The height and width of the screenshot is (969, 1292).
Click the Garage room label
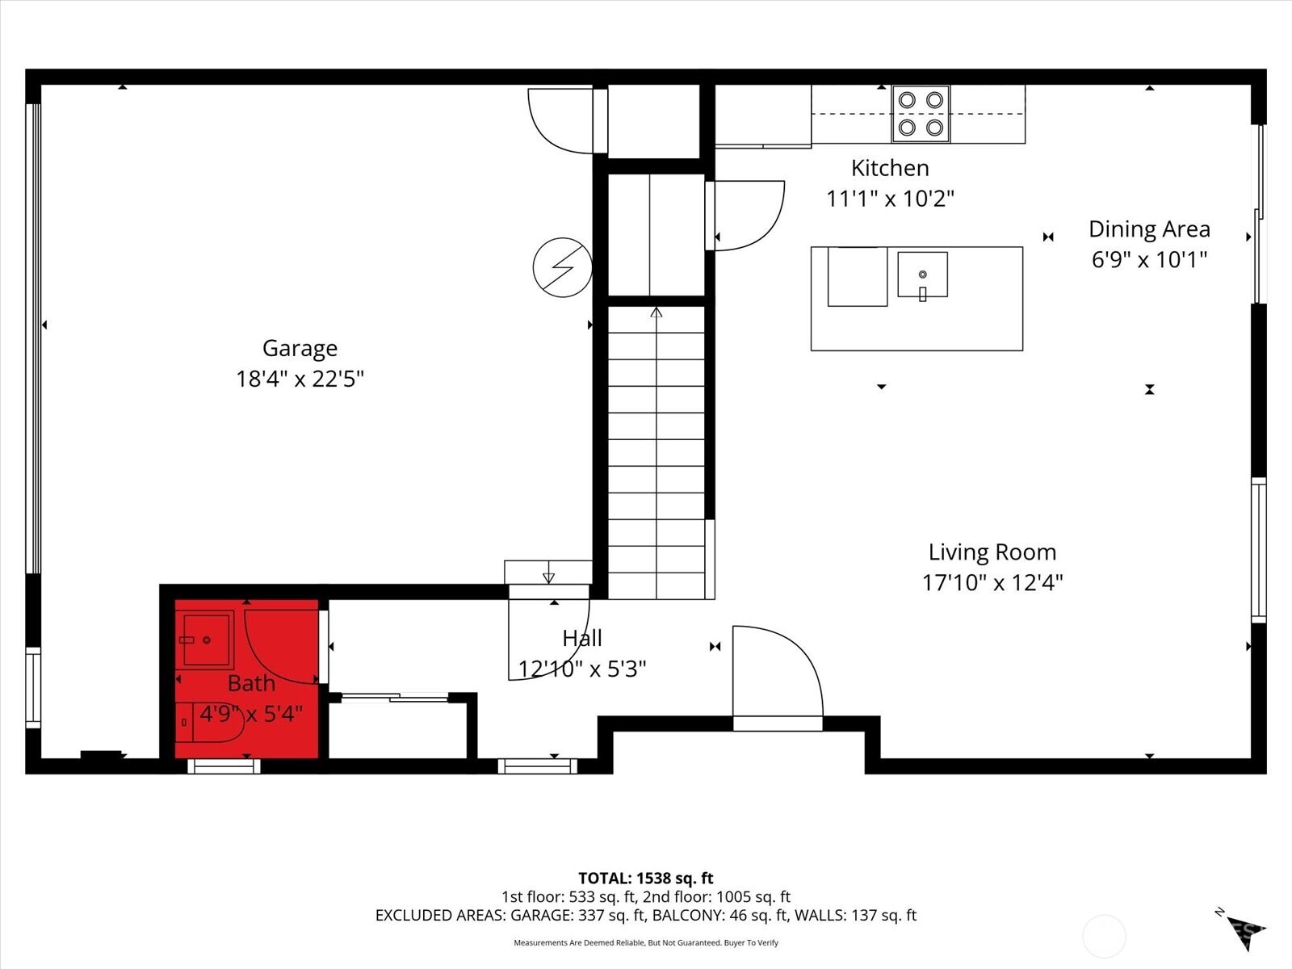(300, 348)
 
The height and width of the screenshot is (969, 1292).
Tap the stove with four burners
(921, 114)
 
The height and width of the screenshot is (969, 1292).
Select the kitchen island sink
(922, 275)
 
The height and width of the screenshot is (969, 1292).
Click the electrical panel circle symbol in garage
(562, 266)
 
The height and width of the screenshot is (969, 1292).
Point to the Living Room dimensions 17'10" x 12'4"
(992, 582)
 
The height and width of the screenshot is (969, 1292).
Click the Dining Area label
(1149, 229)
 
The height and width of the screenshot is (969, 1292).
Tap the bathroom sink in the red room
(206, 640)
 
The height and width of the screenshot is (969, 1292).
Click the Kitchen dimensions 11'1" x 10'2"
(890, 199)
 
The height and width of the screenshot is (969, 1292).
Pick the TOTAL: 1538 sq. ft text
(645, 878)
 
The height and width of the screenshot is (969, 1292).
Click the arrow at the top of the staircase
(656, 312)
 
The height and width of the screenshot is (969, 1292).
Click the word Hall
(582, 638)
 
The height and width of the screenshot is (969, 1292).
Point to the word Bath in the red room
(251, 683)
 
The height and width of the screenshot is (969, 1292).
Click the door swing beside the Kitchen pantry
(747, 215)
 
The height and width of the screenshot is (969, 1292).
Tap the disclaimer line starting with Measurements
(645, 942)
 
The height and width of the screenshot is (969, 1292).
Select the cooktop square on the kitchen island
(857, 277)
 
